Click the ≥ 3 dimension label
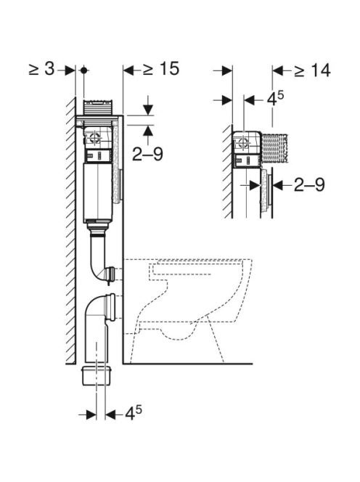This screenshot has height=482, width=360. tap(42, 70)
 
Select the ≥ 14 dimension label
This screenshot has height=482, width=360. tap(312, 70)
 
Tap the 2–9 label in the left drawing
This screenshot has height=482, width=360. tap(147, 154)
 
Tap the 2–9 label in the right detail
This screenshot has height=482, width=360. tap(309, 185)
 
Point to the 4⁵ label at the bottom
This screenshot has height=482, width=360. tap(134, 414)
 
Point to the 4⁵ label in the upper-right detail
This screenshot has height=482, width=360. tap(275, 99)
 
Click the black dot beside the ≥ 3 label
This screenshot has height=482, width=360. tap(83, 70)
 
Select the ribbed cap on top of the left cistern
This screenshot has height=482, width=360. tap(99, 107)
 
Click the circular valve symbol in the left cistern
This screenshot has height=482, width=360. tap(95, 138)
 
